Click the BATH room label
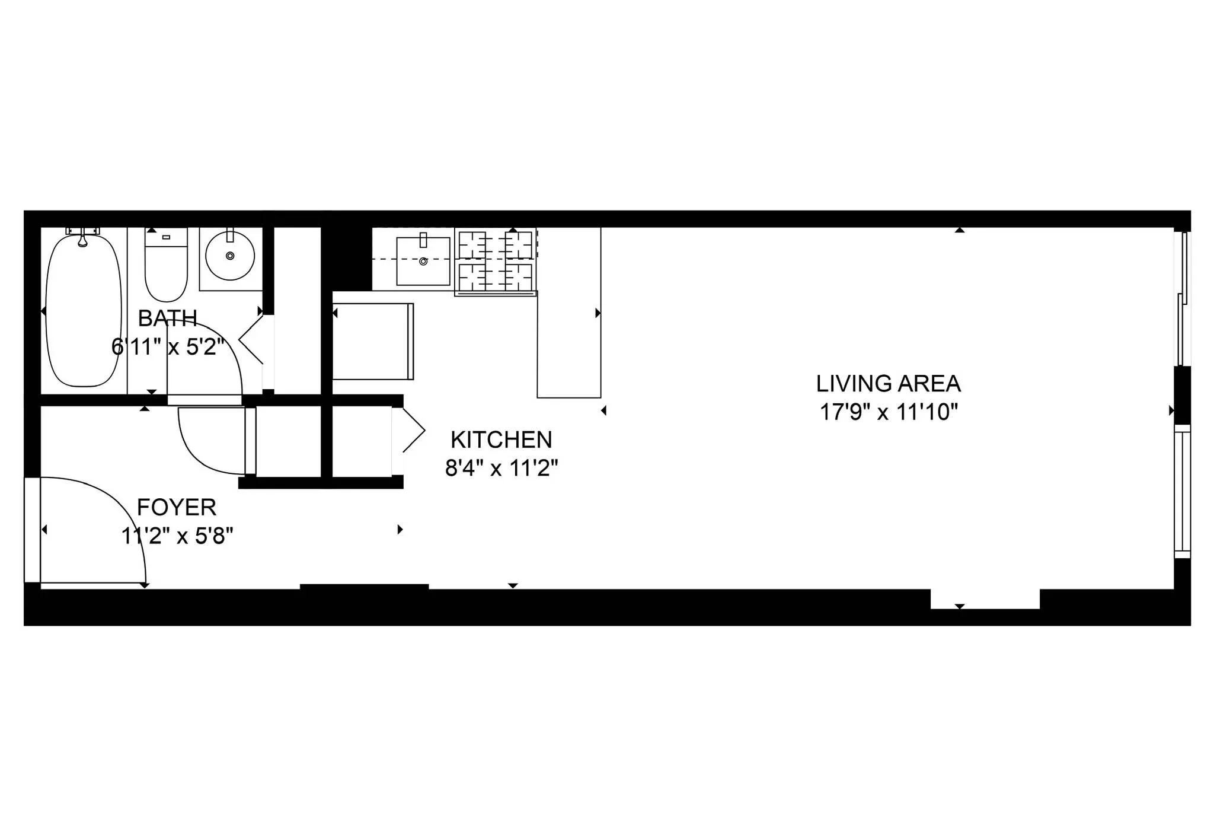tap(167, 319)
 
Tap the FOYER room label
tap(176, 508)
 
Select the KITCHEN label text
tap(501, 440)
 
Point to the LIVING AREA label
tap(888, 384)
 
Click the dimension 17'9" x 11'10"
tap(888, 412)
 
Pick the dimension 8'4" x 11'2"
tap(501, 469)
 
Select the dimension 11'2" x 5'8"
tap(177, 536)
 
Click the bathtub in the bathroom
tap(83, 311)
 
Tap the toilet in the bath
tap(166, 273)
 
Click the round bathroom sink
tap(230, 256)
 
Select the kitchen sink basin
tap(423, 261)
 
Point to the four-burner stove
tap(496, 261)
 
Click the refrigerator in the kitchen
tap(372, 341)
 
